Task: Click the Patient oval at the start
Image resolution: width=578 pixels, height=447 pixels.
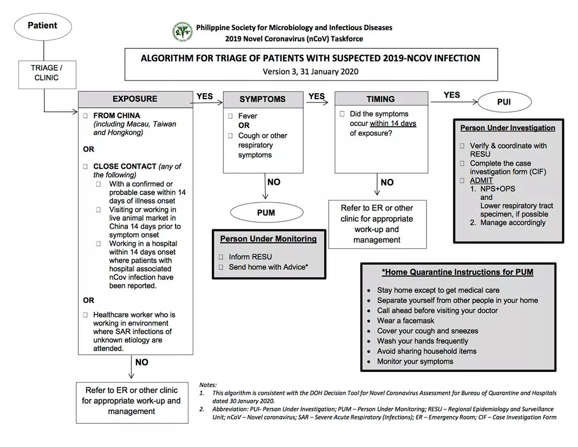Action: [42, 26]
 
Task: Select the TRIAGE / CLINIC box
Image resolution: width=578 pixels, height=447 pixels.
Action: [47, 73]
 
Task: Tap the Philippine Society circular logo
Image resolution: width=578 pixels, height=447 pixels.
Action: [182, 32]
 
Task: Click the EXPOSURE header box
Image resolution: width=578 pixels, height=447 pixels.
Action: [135, 99]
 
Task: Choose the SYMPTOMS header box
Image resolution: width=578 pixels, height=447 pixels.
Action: [262, 100]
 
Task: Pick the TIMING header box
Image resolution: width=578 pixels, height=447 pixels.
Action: [381, 99]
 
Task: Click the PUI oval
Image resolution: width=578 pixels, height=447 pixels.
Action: [504, 102]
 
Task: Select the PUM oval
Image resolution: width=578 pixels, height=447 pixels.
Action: [266, 213]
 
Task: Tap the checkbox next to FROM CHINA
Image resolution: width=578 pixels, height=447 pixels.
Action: [86, 116]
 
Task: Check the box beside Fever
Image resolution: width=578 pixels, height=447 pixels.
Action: [230, 116]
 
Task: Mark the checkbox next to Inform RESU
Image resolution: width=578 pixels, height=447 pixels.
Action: [221, 257]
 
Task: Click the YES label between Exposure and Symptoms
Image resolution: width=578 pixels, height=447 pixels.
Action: [204, 96]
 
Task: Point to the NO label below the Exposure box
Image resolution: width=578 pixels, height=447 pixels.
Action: [142, 362]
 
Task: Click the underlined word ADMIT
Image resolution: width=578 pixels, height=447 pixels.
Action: [481, 181]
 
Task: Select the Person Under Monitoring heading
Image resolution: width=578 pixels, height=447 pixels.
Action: [268, 239]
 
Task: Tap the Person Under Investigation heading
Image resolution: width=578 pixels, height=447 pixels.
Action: [507, 128]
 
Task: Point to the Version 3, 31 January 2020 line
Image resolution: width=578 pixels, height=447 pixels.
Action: [310, 71]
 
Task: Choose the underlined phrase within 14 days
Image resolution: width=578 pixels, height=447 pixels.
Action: [392, 124]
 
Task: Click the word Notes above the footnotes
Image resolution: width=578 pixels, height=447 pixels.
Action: [208, 385]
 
